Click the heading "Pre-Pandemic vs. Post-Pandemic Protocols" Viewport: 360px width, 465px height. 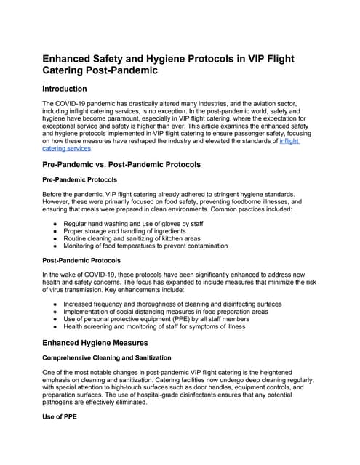pyautogui.click(x=122, y=165)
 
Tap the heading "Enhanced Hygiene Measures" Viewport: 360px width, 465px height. pyautogui.click(x=95, y=342)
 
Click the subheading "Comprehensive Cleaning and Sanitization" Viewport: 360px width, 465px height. pyautogui.click(x=107, y=357)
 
